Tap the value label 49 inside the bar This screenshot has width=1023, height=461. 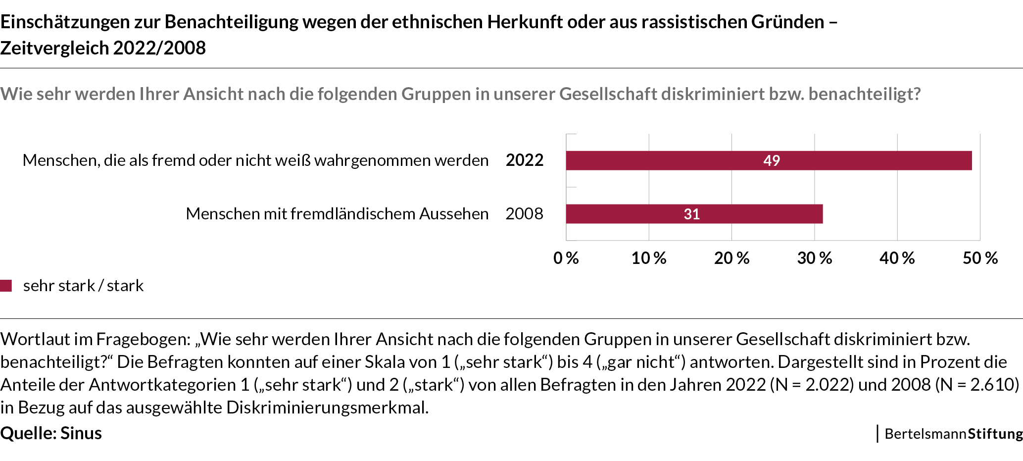771,160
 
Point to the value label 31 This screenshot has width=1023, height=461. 691,214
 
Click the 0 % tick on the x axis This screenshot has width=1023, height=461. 566,258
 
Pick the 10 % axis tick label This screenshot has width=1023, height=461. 648,258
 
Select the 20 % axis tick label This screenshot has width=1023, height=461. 731,258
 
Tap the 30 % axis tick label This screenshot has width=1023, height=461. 814,258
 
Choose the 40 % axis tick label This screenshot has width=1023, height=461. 897,258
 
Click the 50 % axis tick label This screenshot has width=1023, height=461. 980,258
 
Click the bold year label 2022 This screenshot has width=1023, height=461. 524,160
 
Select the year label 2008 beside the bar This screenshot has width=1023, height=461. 524,213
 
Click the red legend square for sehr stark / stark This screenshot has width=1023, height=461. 6,286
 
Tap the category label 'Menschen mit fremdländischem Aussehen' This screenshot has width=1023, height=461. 337,213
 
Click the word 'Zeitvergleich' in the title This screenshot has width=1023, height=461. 54,48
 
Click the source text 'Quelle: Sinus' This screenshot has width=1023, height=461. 51,433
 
